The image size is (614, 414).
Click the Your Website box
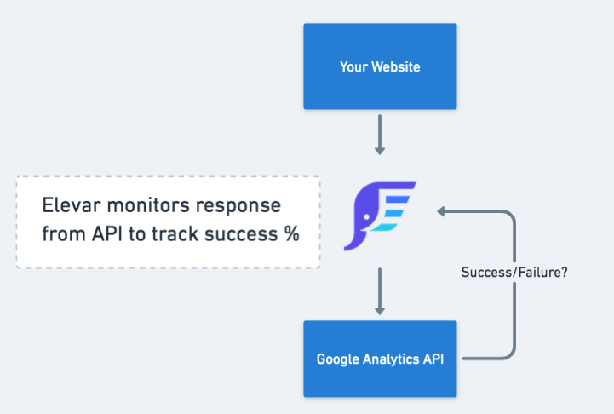click(380, 66)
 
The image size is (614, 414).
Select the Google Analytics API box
click(380, 359)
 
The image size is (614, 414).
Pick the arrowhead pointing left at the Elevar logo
click(442, 211)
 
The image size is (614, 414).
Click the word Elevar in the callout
click(72, 207)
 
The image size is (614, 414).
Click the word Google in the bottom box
click(337, 359)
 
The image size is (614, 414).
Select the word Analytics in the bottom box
click(390, 359)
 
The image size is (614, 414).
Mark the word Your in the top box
click(353, 66)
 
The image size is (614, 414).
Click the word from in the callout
click(62, 234)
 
